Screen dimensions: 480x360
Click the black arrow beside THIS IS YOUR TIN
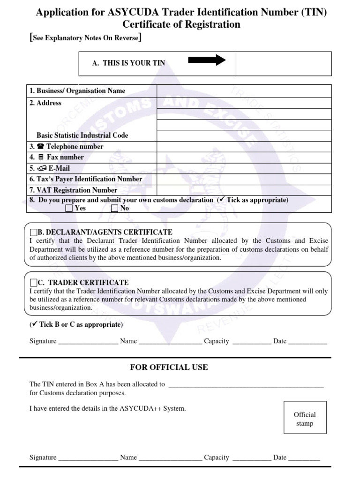click(207, 60)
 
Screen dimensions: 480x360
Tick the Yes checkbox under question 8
click(69, 209)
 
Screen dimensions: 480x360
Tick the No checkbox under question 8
click(115, 209)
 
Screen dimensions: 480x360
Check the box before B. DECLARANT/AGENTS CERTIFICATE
click(33, 232)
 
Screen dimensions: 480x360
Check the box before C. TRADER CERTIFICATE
click(33, 283)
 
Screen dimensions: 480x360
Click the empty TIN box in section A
click(284, 63)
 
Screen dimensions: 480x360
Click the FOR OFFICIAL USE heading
click(169, 367)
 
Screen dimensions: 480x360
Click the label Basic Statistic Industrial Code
click(82, 135)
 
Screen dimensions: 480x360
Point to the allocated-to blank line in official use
click(246, 385)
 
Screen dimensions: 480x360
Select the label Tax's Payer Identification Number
click(86, 179)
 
